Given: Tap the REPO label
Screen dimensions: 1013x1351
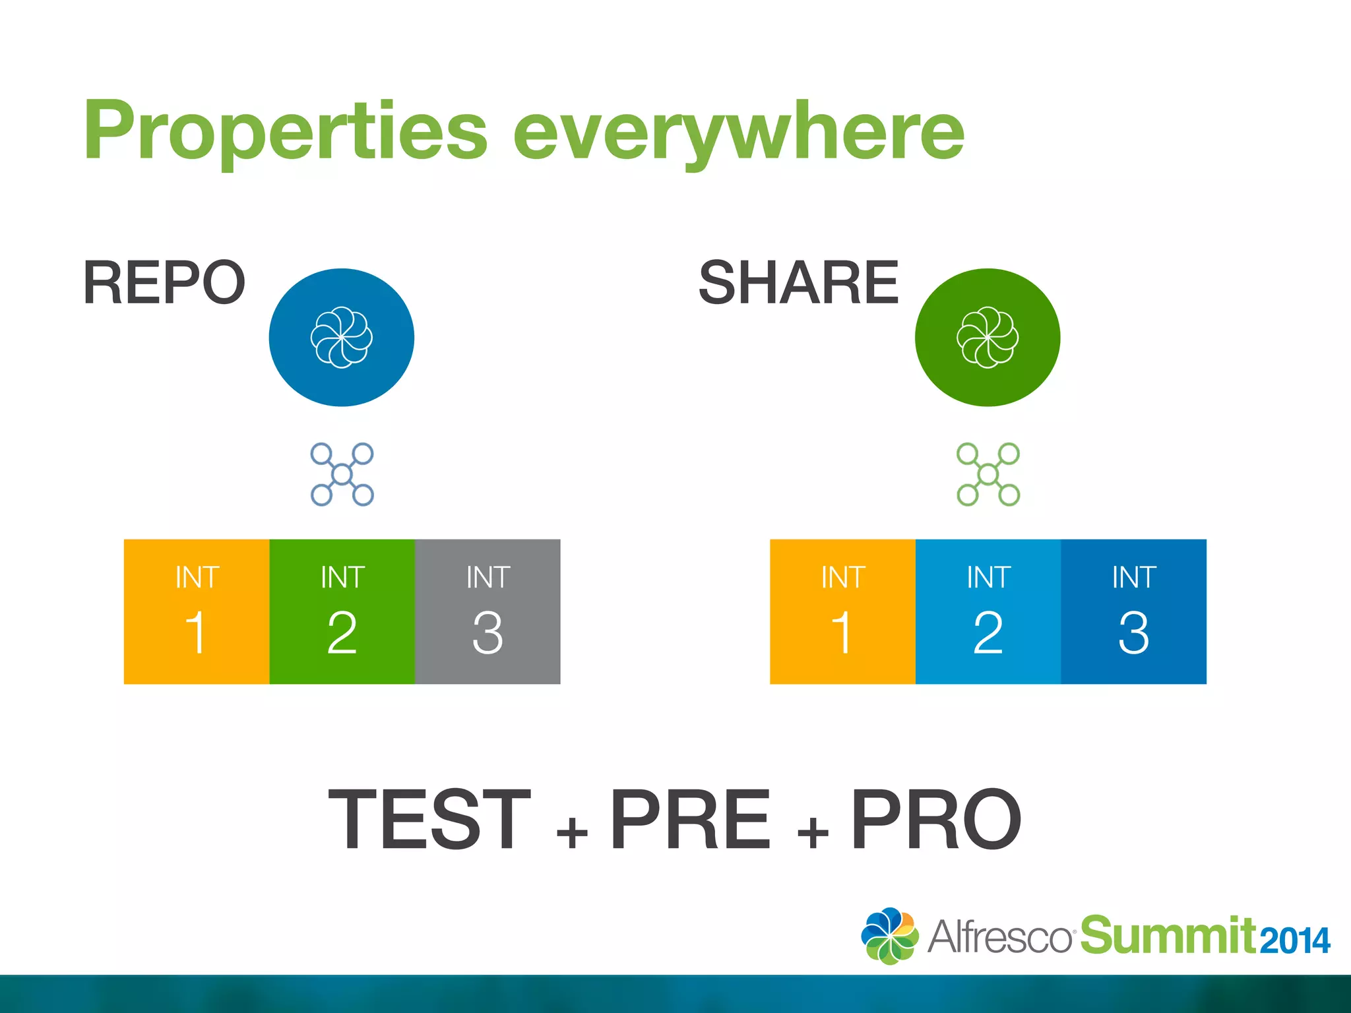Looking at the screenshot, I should tap(164, 282).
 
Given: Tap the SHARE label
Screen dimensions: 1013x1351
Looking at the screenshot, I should tap(798, 282).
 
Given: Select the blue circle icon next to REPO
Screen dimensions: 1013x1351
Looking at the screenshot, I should tap(342, 337).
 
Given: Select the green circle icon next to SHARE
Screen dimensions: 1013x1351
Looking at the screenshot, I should tap(988, 337).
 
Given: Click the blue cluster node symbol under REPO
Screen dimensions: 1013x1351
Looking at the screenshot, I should tap(342, 474).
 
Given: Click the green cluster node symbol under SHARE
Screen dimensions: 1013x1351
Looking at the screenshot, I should tap(988, 474).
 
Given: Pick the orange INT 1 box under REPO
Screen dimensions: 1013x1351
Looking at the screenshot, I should tap(197, 611).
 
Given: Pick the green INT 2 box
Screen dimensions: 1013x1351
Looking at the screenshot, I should tap(342, 611).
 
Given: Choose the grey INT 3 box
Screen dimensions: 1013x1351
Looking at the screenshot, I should tap(487, 611).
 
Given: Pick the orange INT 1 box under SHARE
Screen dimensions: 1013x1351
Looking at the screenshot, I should tap(842, 611).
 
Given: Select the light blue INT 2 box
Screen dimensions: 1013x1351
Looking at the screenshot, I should tap(988, 611).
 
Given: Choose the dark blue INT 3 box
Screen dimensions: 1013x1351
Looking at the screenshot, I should tap(1133, 611).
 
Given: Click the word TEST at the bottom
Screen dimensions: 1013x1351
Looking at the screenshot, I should tap(429, 819).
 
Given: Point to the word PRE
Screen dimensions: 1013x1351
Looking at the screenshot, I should tap(690, 819).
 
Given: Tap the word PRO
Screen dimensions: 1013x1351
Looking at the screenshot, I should tap(936, 819).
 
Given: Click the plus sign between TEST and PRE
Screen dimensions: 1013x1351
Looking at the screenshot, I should tap(572, 832).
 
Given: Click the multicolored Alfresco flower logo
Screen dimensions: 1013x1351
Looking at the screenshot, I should tap(889, 935).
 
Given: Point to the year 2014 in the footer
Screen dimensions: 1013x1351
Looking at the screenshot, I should tap(1295, 940).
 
